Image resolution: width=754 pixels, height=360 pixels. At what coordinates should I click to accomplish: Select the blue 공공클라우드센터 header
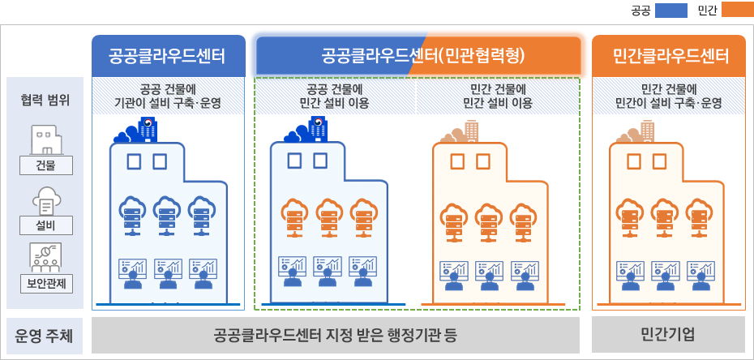click(168, 56)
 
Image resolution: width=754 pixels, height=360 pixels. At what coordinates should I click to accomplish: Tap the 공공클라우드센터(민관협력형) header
click(418, 56)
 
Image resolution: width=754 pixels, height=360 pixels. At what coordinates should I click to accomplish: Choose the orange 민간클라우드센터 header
click(669, 56)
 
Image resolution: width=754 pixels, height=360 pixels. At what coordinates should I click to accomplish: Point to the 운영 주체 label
click(45, 335)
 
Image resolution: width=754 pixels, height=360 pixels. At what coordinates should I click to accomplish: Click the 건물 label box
click(45, 166)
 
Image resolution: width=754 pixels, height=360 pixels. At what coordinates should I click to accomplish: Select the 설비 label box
click(45, 225)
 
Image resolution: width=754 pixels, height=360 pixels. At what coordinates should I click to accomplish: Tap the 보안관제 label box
click(45, 283)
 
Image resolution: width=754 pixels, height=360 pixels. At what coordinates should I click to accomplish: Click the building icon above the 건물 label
click(45, 140)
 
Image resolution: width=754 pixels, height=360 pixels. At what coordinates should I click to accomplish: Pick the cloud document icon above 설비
click(45, 199)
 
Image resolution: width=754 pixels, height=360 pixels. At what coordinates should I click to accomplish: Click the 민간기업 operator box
click(669, 335)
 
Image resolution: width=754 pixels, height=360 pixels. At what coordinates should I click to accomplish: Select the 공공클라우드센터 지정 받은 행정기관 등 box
click(336, 335)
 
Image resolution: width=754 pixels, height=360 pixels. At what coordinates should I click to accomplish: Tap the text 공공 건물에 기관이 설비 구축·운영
click(168, 96)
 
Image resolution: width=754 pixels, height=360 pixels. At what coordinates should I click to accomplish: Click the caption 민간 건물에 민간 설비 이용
click(498, 96)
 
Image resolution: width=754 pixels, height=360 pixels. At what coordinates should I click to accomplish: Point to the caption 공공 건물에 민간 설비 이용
click(335, 96)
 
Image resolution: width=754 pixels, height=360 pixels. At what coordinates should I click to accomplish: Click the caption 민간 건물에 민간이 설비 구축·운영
click(669, 96)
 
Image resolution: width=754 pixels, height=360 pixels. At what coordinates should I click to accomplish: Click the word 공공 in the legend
click(640, 11)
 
